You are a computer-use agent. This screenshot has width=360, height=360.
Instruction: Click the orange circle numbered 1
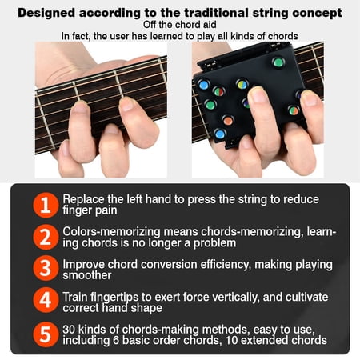[46, 205]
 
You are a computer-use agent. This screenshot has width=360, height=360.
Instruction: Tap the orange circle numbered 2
[46, 237]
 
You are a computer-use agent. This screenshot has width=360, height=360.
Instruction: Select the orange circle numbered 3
[46, 268]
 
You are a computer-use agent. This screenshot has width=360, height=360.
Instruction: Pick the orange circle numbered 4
[46, 300]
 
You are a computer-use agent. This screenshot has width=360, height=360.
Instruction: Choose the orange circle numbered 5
[46, 334]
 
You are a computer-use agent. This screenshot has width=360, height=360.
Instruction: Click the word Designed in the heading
[46, 13]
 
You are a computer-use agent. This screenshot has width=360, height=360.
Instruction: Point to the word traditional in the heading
[216, 13]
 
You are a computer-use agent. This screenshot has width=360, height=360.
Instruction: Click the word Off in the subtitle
[150, 25]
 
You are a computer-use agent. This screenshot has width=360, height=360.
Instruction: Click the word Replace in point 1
[83, 199]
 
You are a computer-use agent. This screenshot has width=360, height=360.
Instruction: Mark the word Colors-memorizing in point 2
[111, 232]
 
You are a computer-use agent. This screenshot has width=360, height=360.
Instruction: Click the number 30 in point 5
[69, 330]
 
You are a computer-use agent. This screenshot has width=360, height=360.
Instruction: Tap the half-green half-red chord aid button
[218, 91]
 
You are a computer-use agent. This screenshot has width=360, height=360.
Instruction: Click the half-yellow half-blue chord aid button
[242, 84]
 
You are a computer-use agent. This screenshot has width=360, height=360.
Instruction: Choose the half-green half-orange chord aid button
[294, 110]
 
